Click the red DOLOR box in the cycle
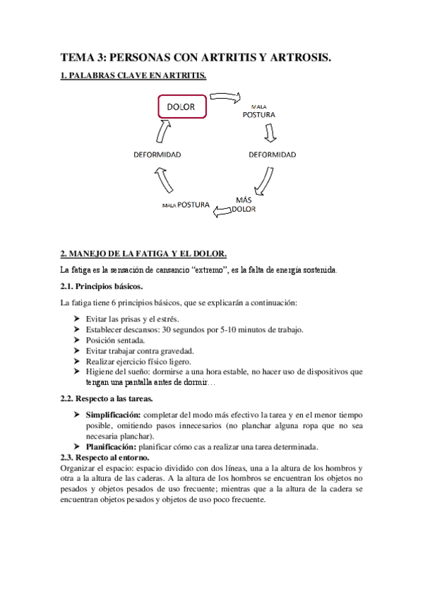pyautogui.click(x=181, y=107)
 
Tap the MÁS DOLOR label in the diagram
pyautogui.click(x=244, y=205)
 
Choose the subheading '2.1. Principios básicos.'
pyautogui.click(x=102, y=286)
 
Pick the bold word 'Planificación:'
pyautogui.click(x=110, y=446)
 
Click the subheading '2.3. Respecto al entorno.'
pyautogui.click(x=108, y=457)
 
